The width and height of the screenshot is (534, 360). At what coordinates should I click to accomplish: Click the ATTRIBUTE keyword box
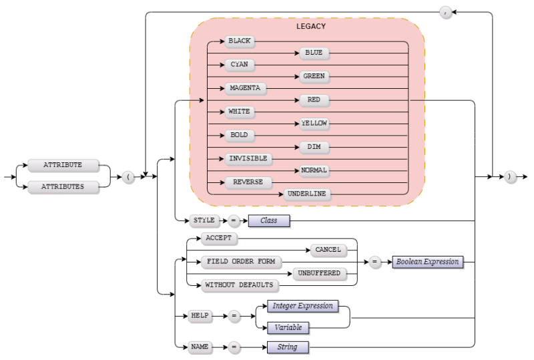click(x=63, y=164)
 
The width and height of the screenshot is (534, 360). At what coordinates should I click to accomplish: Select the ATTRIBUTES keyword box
click(x=63, y=187)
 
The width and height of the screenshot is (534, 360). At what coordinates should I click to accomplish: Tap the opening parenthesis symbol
click(x=129, y=176)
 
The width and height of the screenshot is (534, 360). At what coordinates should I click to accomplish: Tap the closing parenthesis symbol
click(x=511, y=176)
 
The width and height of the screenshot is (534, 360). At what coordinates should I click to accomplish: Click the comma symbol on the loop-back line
click(x=445, y=12)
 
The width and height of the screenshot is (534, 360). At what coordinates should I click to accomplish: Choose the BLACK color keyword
click(x=240, y=41)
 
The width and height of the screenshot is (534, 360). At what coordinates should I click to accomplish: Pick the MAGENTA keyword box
click(x=244, y=88)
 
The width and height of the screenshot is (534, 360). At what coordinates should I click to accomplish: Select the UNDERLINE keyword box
click(x=308, y=194)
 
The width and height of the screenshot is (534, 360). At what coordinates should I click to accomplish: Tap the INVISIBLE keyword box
click(x=248, y=159)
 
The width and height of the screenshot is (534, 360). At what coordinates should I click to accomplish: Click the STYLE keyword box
click(x=203, y=220)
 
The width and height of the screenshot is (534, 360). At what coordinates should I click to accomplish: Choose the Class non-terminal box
click(x=269, y=220)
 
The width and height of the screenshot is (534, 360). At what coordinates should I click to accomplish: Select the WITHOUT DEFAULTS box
click(x=239, y=285)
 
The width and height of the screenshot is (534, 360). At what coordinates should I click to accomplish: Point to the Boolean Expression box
click(x=427, y=262)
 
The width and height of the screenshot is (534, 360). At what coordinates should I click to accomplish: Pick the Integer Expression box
click(x=302, y=306)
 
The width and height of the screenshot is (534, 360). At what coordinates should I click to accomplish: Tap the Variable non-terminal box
click(x=288, y=328)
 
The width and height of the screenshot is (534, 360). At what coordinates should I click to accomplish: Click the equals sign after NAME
click(x=234, y=347)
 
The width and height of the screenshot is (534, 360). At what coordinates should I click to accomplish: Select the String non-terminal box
click(x=287, y=347)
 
